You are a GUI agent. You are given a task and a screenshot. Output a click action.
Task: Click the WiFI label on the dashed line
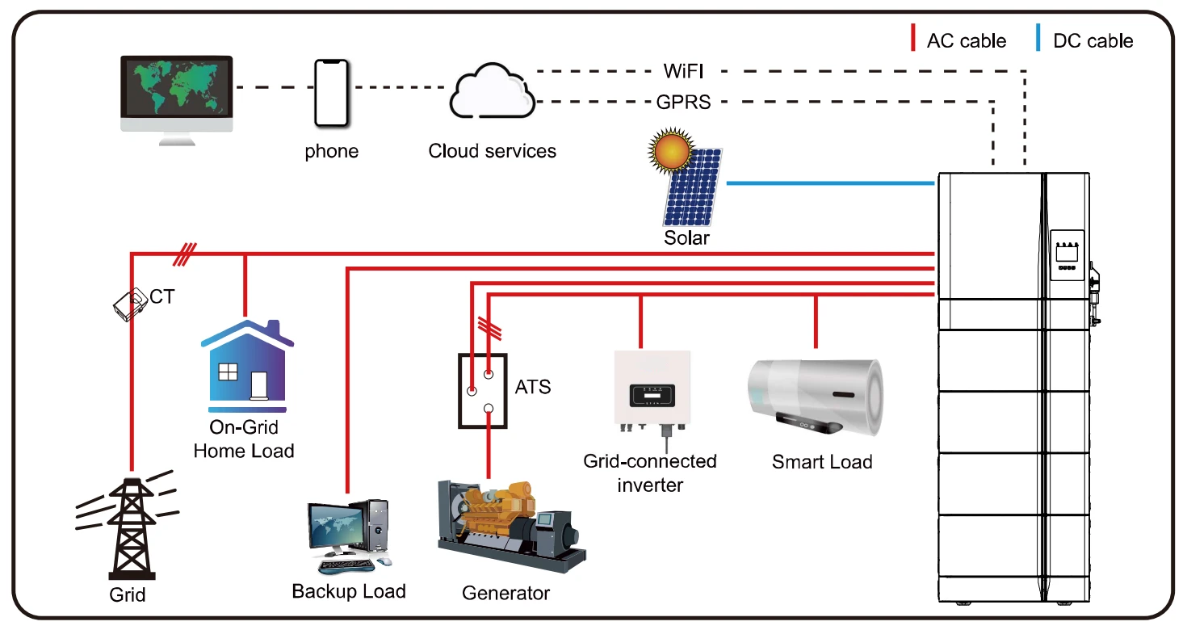click(683, 71)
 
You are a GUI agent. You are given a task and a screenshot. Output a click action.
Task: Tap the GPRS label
click(683, 103)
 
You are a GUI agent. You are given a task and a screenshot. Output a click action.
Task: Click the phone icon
click(332, 93)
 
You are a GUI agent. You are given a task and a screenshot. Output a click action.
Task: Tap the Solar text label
click(686, 238)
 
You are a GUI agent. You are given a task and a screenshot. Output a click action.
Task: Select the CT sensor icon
click(129, 305)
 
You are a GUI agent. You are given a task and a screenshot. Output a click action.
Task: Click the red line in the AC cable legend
click(912, 39)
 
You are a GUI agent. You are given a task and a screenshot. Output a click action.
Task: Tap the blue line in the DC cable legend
click(1038, 39)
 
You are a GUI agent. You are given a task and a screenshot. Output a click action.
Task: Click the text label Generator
click(505, 594)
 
